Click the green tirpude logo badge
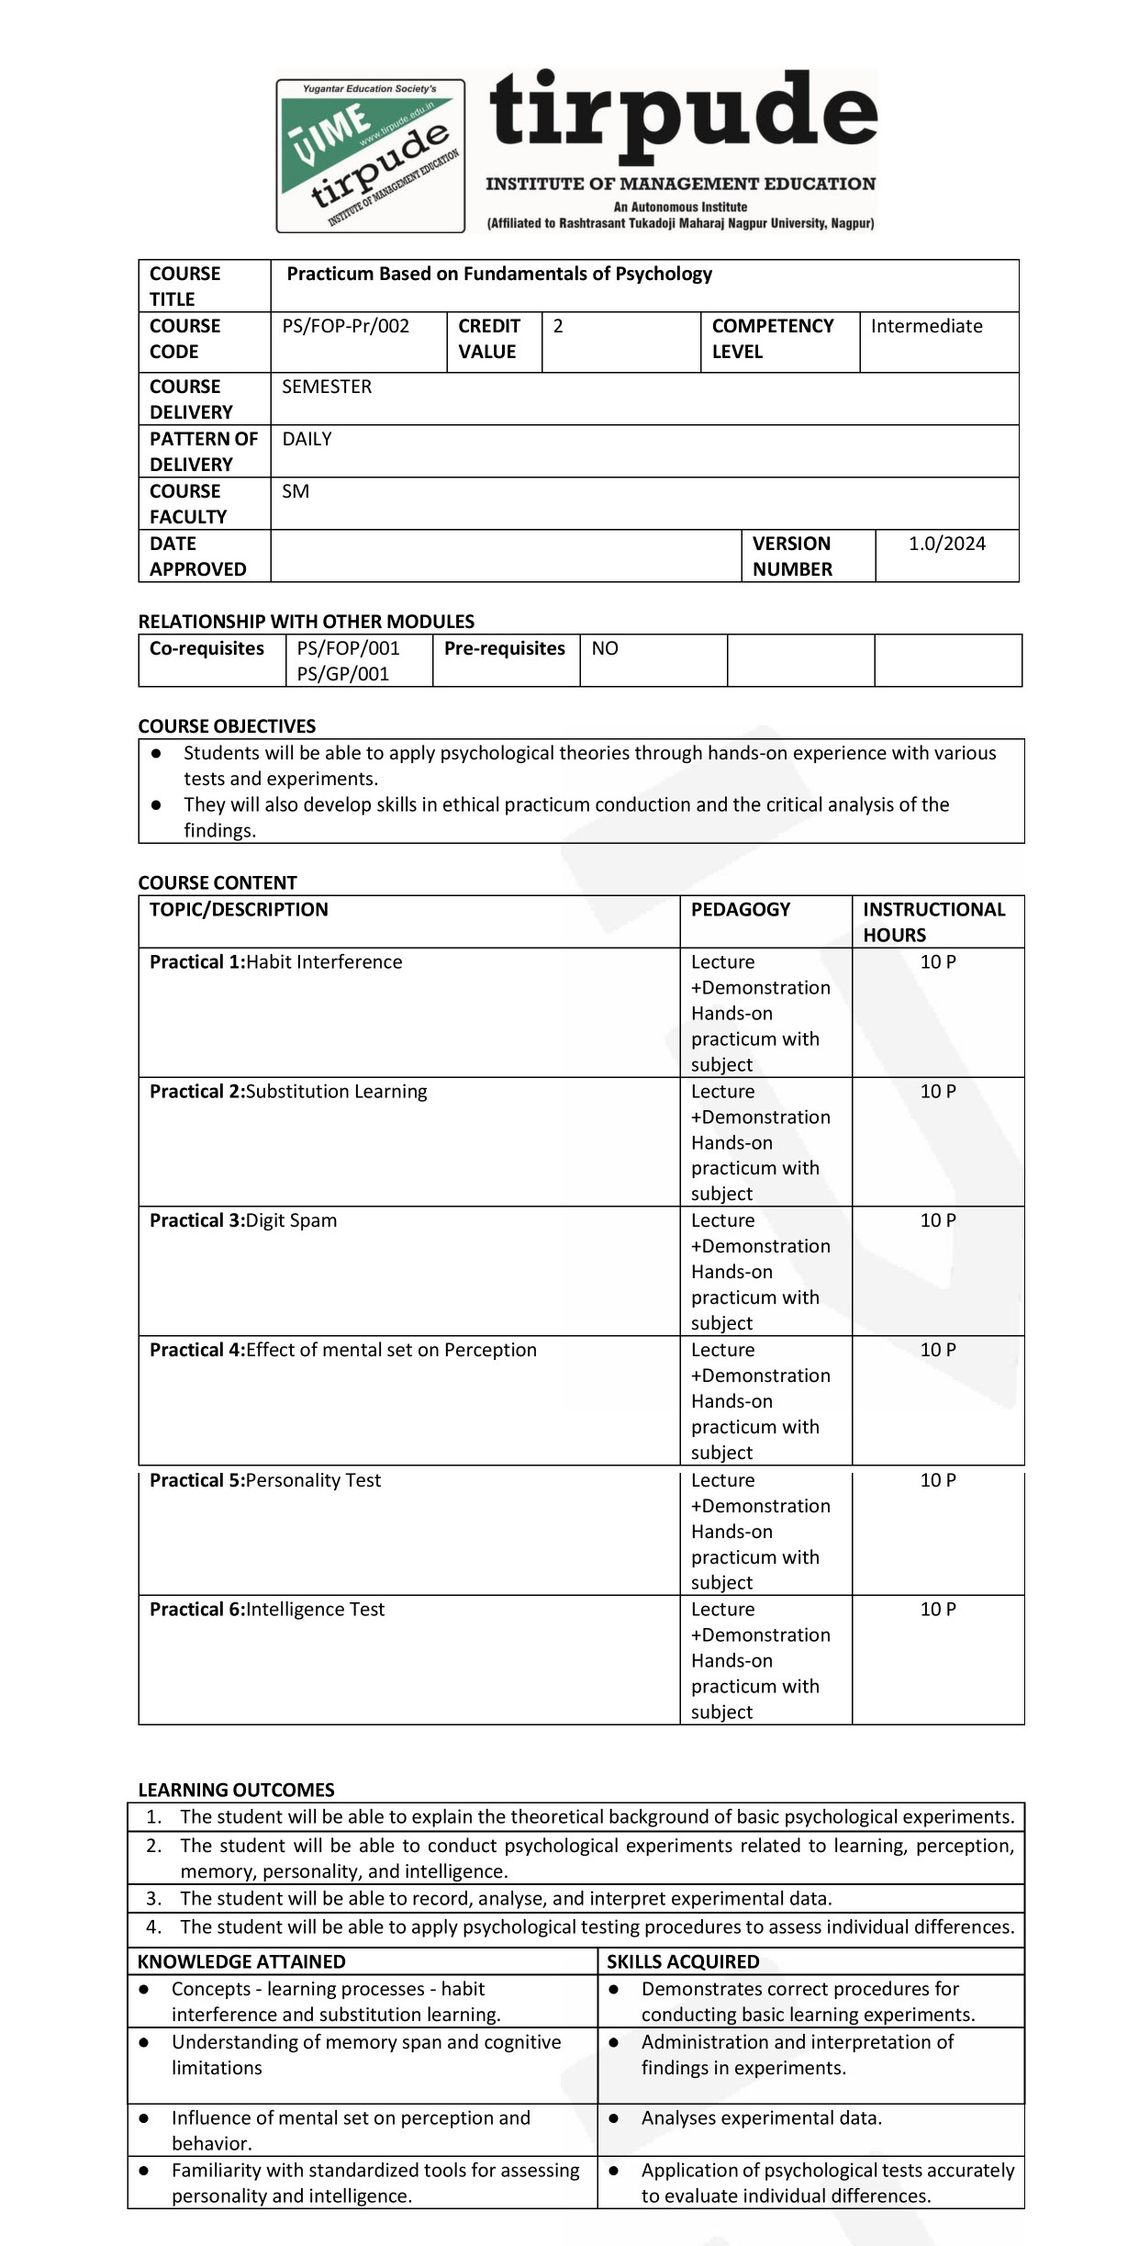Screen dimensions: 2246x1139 coord(371,155)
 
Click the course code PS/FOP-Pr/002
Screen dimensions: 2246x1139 coord(346,326)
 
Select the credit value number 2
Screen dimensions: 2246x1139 coord(558,326)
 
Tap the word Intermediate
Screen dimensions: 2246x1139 coord(926,326)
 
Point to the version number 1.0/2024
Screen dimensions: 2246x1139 coord(947,544)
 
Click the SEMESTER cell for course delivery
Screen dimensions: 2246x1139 coord(327,387)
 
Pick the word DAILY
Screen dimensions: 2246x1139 coord(307,439)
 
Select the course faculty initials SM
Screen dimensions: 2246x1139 coord(296,491)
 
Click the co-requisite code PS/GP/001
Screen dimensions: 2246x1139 coord(343,674)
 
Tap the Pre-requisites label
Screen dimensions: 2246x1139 coord(505,648)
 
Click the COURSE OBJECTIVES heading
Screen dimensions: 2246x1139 coord(227,726)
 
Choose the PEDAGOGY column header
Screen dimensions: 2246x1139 coord(741,909)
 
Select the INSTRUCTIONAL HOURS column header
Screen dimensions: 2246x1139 coord(933,922)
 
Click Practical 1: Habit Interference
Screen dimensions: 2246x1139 coord(276,961)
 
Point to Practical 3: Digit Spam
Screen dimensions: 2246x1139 coord(243,1220)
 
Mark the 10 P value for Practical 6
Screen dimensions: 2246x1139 coord(938,1609)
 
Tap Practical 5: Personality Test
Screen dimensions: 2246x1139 coord(265,1480)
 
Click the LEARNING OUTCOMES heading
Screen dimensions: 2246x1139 coord(236,1790)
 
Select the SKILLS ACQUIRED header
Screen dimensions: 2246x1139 coord(683,1961)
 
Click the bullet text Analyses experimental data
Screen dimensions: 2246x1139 coord(761,2117)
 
